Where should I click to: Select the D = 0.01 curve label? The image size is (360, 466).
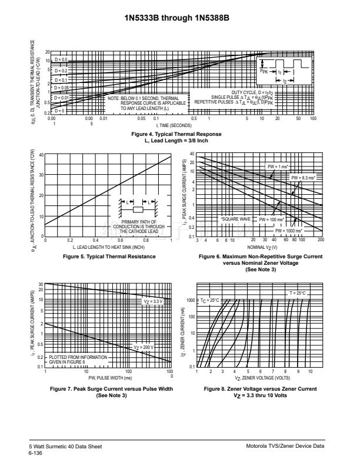(61, 98)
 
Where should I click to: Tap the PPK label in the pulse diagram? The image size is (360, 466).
(264, 71)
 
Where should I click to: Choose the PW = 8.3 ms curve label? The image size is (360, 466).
(304, 177)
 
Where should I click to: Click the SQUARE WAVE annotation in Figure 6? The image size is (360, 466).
(236, 219)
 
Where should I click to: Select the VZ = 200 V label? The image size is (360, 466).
(144, 347)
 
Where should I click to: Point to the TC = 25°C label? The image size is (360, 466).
(209, 300)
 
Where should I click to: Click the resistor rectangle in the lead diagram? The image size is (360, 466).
(138, 209)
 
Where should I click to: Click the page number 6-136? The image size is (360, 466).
(36, 454)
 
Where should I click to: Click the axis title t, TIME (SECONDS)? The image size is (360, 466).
(174, 125)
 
